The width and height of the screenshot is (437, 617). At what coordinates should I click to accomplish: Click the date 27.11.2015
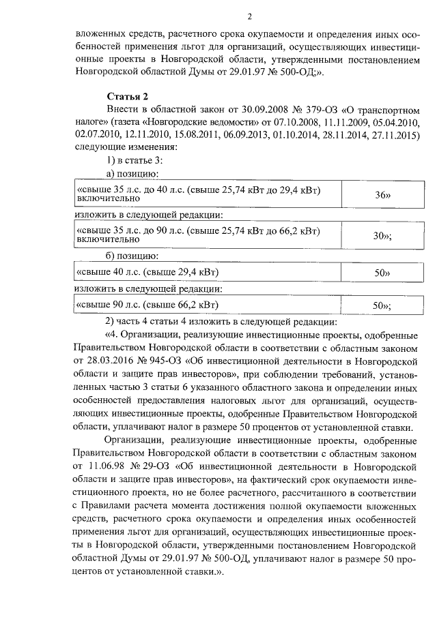tap(392, 135)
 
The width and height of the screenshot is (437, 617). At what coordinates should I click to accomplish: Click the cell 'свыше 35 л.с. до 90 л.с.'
tap(198, 235)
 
